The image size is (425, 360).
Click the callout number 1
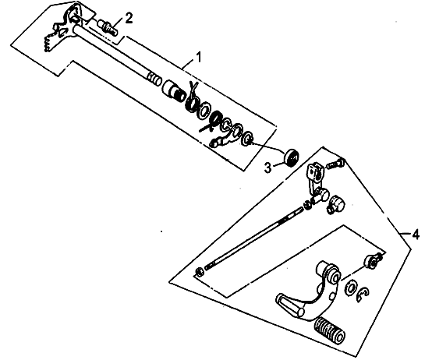[x=199, y=57]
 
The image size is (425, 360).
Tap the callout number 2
[x=129, y=19]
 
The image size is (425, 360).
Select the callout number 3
[x=267, y=168]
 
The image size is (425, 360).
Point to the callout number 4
[x=416, y=234]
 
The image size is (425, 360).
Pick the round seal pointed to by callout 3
[x=291, y=157]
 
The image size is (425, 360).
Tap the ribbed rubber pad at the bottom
[x=330, y=330]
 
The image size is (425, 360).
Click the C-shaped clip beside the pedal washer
[x=360, y=294]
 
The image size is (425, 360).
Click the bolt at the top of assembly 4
[x=336, y=164]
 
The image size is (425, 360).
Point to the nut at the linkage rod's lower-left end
[x=199, y=272]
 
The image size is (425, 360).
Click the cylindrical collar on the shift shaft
[x=173, y=90]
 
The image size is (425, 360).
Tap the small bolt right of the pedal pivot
[x=374, y=260]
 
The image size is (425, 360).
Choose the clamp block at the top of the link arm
[x=315, y=172]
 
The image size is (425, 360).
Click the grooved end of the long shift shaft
[x=154, y=79]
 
